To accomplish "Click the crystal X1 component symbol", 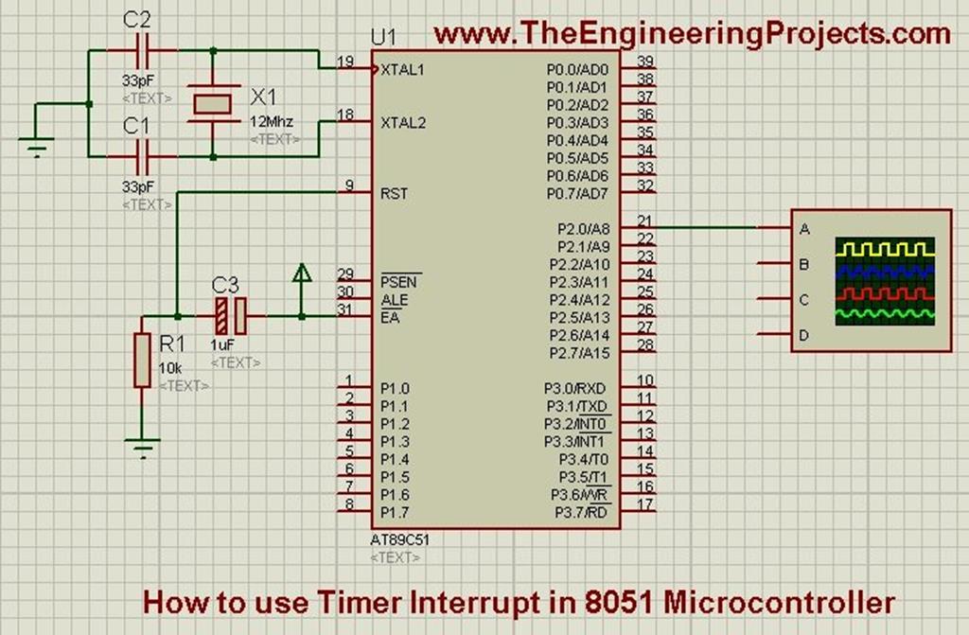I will point(211,103).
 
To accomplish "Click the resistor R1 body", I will point(142,360).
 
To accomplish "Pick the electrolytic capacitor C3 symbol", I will point(230,315).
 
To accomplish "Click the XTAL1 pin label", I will point(402,69).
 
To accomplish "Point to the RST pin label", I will point(394,193).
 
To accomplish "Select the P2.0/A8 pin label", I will point(577,228).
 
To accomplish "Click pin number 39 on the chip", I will point(645,62).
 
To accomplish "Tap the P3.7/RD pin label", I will point(576,513).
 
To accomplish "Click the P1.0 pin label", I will point(395,388).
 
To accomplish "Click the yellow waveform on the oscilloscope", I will point(885,249).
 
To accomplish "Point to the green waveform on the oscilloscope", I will point(885,311).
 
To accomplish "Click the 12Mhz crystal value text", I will point(272,121).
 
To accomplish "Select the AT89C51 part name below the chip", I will point(401,540).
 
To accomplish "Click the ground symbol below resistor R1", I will point(142,448).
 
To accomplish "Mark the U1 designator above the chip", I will point(383,38).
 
